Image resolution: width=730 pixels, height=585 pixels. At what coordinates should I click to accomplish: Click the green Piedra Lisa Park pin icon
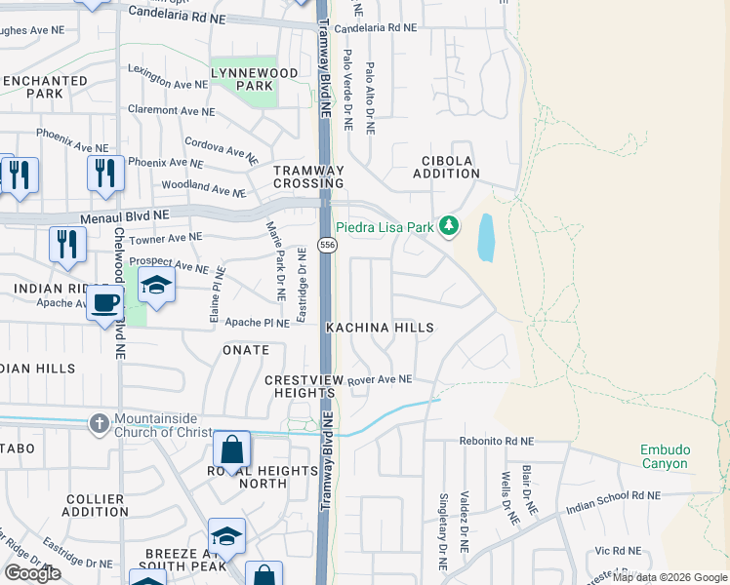tap(448, 226)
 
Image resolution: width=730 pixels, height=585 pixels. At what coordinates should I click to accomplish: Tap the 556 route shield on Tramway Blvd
tap(328, 245)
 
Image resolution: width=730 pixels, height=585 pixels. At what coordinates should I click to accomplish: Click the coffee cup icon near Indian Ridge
tap(104, 303)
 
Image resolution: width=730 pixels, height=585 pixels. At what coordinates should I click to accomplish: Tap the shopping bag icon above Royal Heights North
tap(232, 449)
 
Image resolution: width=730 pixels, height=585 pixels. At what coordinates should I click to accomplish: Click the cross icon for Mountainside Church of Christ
tap(99, 423)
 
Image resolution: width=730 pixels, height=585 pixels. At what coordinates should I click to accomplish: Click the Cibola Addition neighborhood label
tap(450, 167)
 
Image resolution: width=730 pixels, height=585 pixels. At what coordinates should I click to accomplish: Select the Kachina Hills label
tap(380, 329)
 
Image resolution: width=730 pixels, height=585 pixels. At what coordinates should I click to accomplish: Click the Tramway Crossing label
tap(308, 176)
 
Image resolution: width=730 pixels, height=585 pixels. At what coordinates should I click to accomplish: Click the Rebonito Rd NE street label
tap(497, 441)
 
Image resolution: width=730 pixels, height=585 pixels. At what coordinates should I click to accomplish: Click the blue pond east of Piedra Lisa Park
tap(485, 238)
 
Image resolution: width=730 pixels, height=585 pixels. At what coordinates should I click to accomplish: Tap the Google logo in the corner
tap(33, 573)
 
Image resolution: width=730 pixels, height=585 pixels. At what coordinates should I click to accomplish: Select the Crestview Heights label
tap(300, 385)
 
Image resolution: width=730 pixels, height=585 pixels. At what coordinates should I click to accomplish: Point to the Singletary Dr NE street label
tap(442, 531)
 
